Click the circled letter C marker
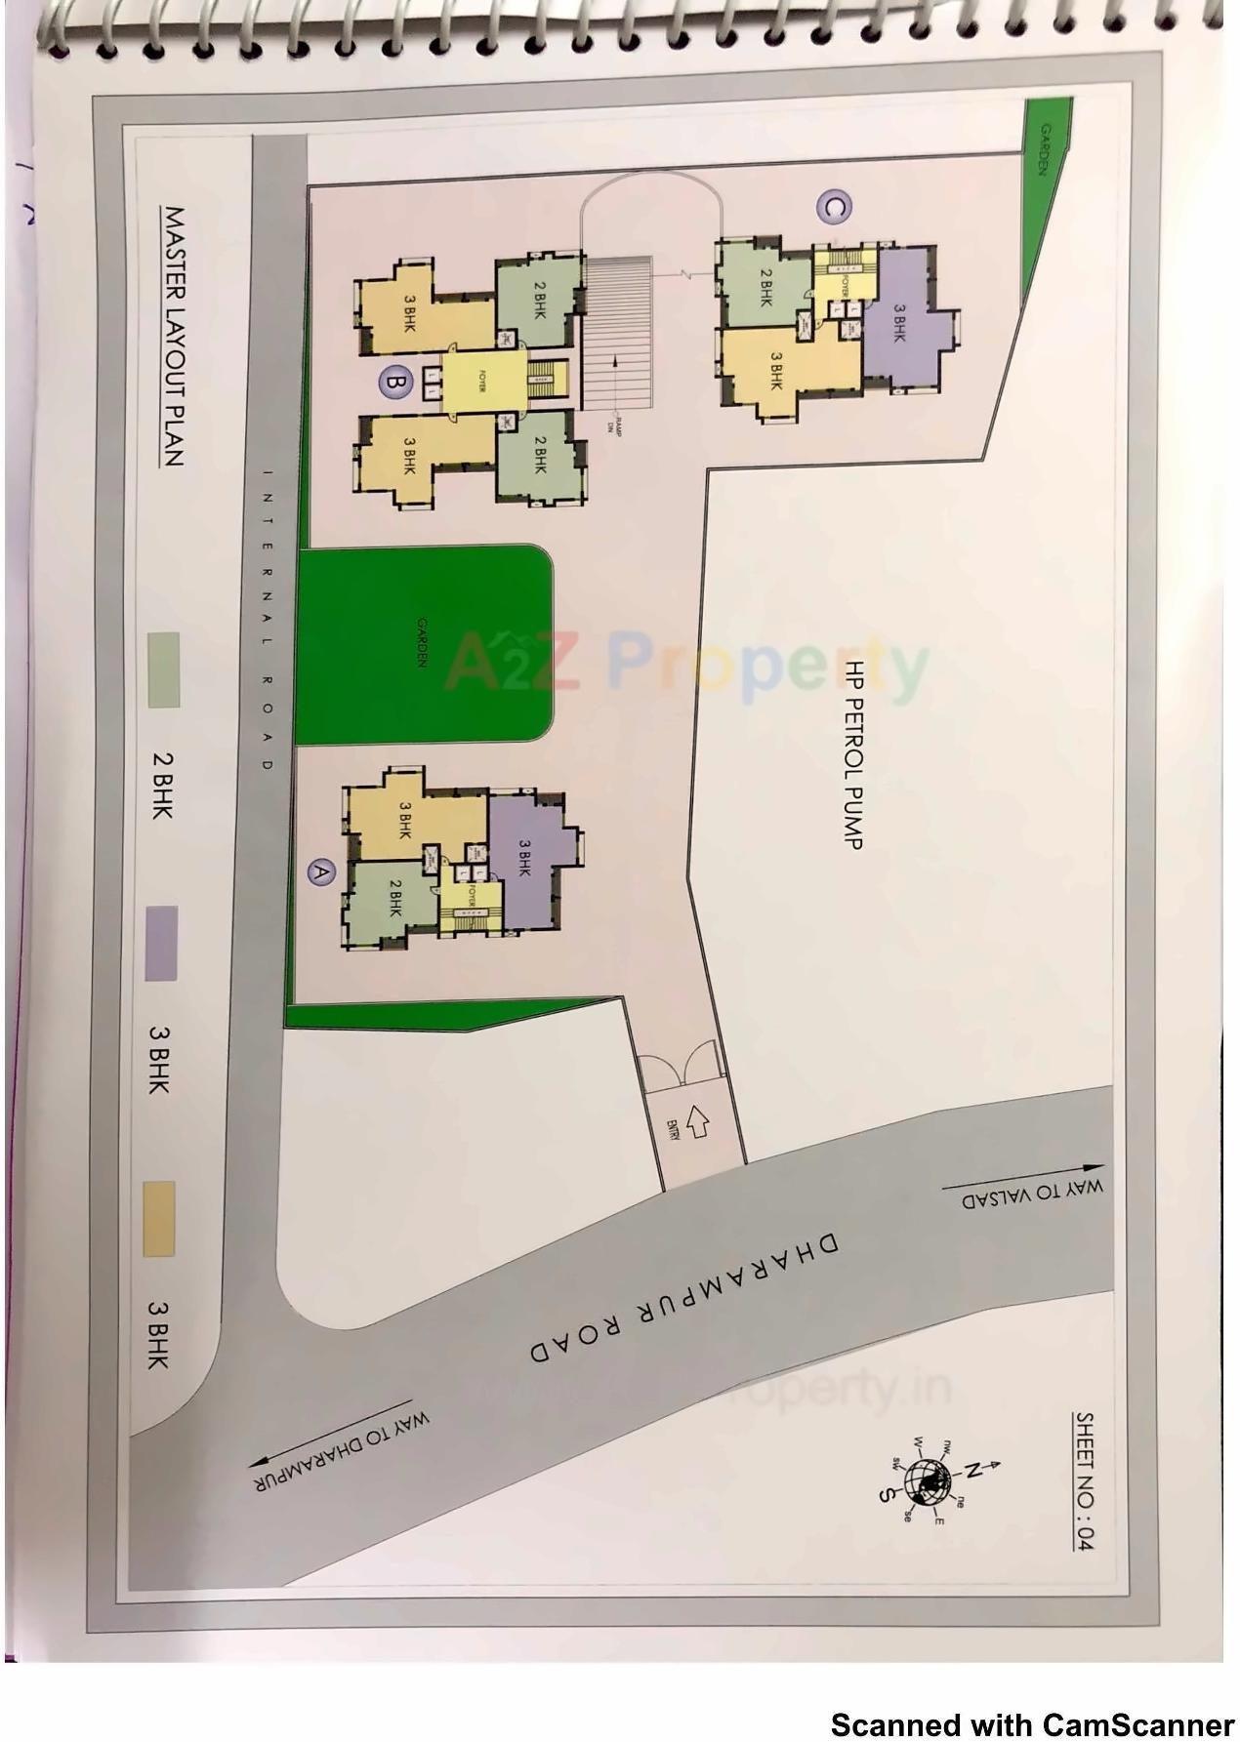pos(834,207)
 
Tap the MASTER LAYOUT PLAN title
pos(173,336)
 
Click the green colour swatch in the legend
pos(163,669)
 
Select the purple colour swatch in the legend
pos(161,943)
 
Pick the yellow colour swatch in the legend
pos(160,1218)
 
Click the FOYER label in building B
pos(482,384)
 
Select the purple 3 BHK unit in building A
pos(524,857)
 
